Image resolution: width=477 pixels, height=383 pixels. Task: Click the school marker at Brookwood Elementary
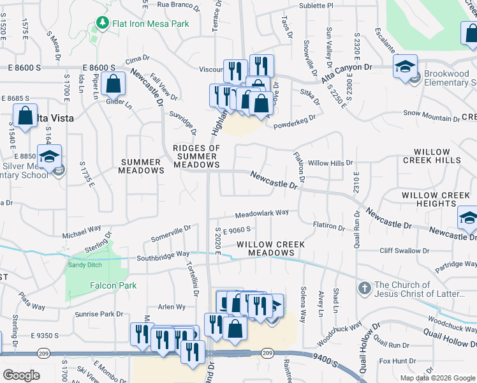405,67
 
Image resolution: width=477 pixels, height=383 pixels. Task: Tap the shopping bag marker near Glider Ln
113,84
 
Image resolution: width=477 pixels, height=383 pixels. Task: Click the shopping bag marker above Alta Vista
25,117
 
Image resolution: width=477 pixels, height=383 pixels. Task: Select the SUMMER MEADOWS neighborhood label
142,166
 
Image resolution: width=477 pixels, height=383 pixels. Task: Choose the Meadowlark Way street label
261,213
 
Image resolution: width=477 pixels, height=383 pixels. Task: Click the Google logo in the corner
21,375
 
